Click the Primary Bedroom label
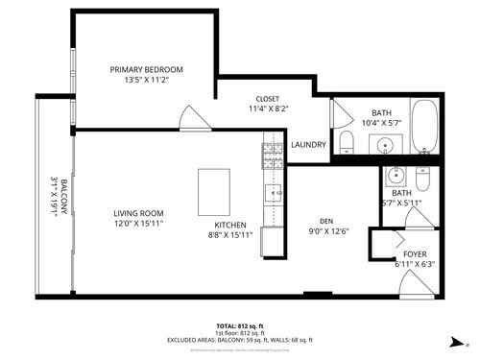(146, 70)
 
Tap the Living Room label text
(138, 213)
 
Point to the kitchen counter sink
(275, 193)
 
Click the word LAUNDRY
(308, 145)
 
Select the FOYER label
(415, 253)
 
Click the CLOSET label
(268, 99)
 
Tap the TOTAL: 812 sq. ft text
(242, 326)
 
